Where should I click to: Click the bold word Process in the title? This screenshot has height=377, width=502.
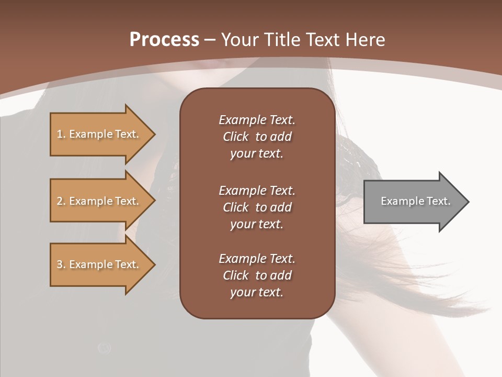coord(164,40)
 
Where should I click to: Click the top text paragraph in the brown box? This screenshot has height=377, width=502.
coord(257,137)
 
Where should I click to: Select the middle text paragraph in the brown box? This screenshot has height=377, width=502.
coord(257,207)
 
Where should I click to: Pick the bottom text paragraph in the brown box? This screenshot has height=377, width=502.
coord(257,275)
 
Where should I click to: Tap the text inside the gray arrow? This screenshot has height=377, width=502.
coord(416,201)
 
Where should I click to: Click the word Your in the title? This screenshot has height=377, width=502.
coord(239,40)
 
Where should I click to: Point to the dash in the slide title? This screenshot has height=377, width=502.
coord(210,40)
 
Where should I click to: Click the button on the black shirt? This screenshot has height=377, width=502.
coord(104,348)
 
